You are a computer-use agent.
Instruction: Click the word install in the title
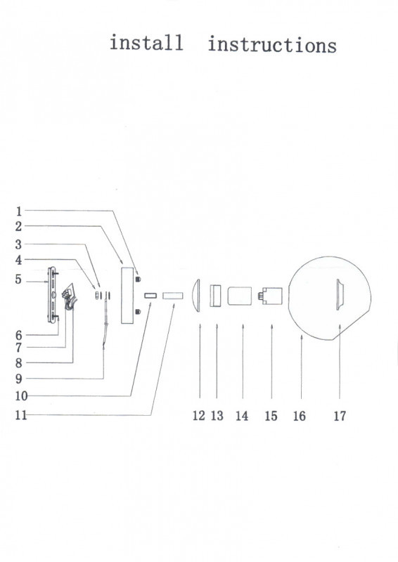146,42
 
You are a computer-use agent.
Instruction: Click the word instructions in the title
272,45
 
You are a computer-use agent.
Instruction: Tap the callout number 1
19,211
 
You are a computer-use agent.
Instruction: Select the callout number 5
18,279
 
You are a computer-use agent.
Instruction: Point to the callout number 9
19,379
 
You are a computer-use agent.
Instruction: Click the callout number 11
21,415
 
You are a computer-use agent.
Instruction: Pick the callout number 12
199,416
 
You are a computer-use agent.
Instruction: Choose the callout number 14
242,416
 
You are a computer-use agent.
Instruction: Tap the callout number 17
340,416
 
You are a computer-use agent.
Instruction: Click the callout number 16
300,416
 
